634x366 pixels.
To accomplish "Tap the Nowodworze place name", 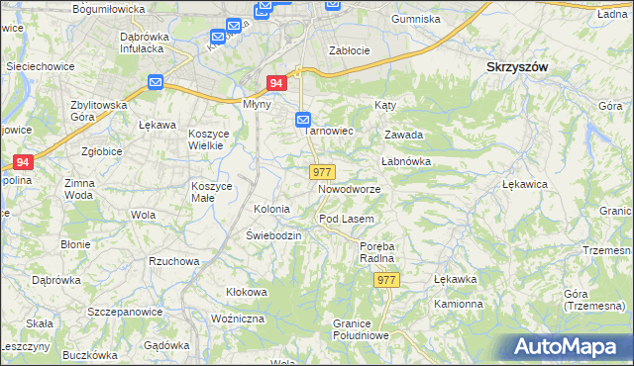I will pos(349,189).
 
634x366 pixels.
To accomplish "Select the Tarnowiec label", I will pos(329,131).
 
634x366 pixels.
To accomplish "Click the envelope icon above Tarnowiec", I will pos(304,120).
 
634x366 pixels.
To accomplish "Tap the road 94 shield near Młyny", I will pos(276,86).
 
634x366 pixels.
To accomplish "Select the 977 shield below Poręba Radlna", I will pos(386,280).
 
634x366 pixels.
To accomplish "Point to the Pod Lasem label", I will pos(345,219).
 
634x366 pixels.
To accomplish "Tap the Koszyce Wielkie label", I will pos(209,138).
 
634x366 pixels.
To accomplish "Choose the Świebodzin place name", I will pos(273,235).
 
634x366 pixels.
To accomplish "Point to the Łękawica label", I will pos(526,185).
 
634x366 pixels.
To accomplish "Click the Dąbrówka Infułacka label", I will pos(147,43).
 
